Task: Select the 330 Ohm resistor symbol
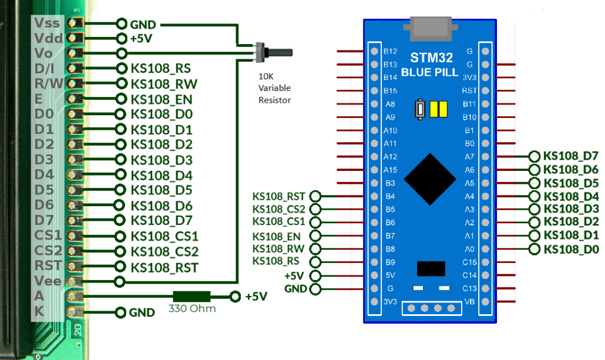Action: [191, 296]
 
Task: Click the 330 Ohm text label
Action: [192, 308]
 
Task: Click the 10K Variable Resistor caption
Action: [275, 88]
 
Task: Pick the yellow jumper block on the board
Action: [438, 110]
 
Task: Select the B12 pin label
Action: [390, 51]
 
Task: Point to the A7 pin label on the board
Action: [469, 156]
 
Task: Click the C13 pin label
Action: [469, 288]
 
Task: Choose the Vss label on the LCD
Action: [48, 22]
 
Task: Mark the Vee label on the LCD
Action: [48, 281]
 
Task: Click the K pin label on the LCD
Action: [39, 311]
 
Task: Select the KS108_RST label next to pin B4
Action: [278, 196]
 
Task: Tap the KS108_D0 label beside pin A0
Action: [571, 250]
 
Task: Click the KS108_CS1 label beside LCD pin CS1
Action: [164, 237]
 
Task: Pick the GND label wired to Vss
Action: [143, 24]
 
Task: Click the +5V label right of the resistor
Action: [257, 296]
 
